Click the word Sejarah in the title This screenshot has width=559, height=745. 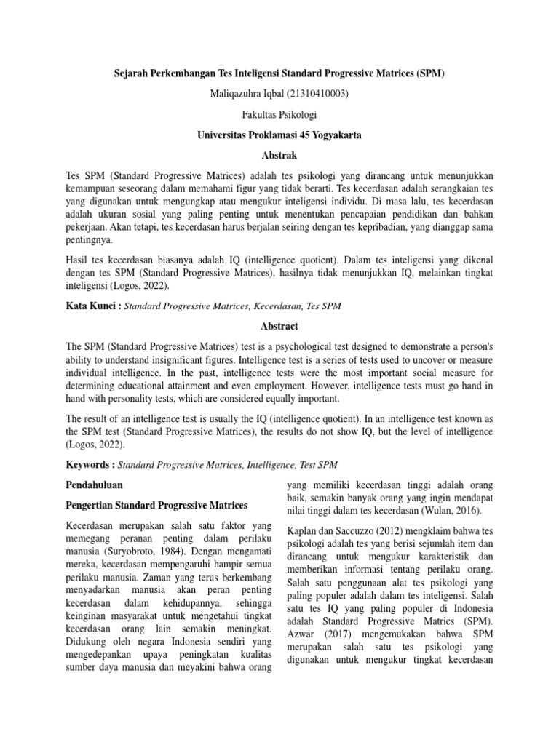134,74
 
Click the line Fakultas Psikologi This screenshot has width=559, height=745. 279,114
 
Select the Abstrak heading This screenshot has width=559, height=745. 279,155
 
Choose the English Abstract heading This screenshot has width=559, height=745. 279,327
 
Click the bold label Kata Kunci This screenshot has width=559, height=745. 92,307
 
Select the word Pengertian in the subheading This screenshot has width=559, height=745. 90,505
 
